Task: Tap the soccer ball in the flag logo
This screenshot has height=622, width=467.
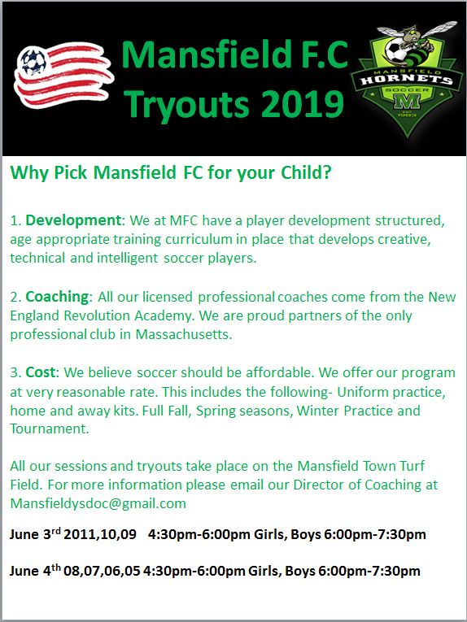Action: point(33,61)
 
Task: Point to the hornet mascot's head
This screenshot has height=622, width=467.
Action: point(410,33)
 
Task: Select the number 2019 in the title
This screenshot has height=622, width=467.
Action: point(303,104)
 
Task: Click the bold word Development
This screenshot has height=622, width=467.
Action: point(73,220)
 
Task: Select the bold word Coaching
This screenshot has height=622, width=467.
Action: point(57,297)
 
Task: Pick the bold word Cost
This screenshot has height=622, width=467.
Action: point(40,372)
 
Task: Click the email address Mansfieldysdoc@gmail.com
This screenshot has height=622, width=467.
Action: point(98,503)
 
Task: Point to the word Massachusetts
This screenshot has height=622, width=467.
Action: point(184,334)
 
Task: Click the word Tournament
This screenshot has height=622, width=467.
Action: point(50,428)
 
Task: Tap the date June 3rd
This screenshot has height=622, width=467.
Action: point(35,534)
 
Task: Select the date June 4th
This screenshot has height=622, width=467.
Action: point(35,571)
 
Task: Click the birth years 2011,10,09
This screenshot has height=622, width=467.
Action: point(100,535)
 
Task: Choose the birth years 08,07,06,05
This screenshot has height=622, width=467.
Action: point(102,572)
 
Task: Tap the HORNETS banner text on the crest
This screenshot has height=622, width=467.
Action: point(407,79)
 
